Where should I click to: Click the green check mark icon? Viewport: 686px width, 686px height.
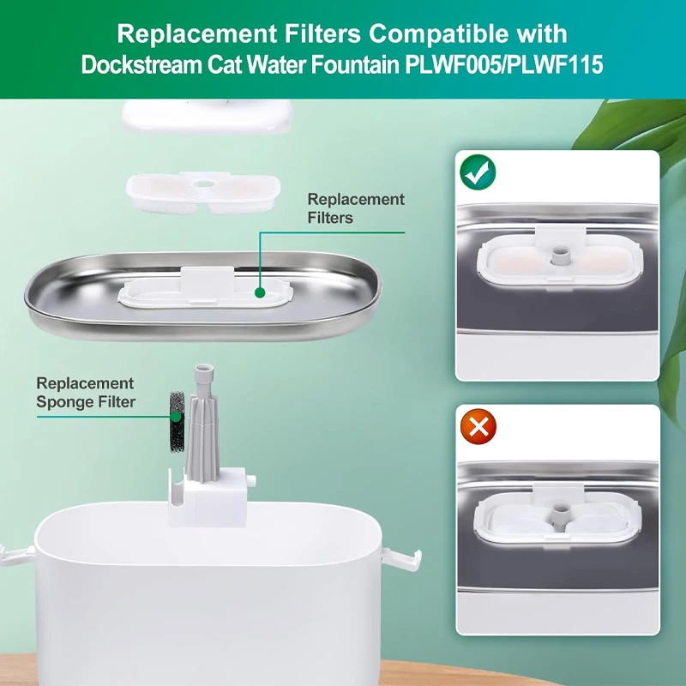[x=478, y=172]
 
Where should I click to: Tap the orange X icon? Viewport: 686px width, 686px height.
[x=478, y=426]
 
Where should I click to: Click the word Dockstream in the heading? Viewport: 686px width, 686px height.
[x=141, y=65]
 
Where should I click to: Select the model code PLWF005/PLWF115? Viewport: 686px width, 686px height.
[x=504, y=65]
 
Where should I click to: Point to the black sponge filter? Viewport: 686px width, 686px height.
[x=177, y=421]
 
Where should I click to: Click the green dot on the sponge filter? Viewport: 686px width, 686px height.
[x=176, y=416]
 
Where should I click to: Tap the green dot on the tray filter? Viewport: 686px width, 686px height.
[x=260, y=292]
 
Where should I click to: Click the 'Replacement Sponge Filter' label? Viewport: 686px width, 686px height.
[x=86, y=393]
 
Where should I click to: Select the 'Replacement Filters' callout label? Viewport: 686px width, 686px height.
[x=356, y=208]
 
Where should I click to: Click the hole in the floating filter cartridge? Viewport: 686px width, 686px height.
[x=202, y=184]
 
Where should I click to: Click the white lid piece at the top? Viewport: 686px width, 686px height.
[x=207, y=115]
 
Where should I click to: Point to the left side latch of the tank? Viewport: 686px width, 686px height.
[x=16, y=555]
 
